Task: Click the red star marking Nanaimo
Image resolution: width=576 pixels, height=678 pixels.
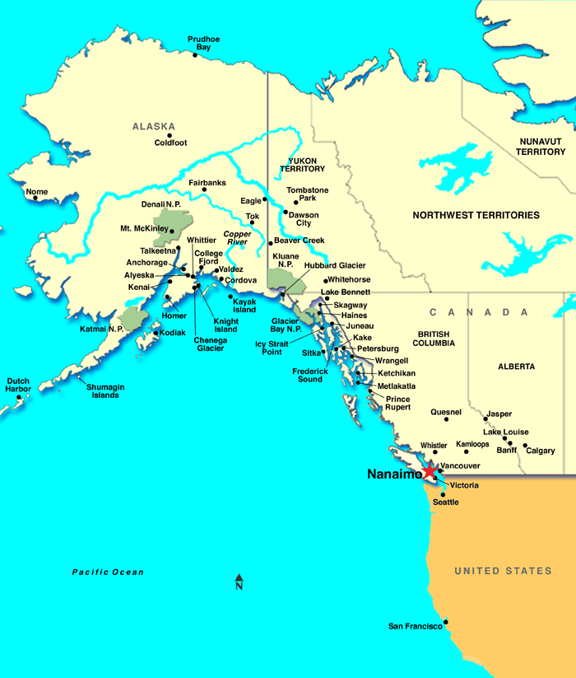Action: coord(430,470)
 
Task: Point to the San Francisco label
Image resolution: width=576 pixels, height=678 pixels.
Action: coord(416,627)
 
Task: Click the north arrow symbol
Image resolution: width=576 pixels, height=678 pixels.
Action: coord(239,578)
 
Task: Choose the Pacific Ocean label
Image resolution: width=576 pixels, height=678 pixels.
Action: coord(107,572)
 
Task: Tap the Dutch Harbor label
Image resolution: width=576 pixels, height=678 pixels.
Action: coord(18,385)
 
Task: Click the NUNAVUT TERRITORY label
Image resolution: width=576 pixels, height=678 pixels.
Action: coord(541,147)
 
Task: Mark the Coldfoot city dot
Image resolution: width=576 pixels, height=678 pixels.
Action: coord(170,135)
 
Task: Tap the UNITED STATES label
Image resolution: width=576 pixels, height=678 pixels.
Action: coord(504,571)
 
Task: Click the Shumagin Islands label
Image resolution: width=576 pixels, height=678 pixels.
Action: coord(105,390)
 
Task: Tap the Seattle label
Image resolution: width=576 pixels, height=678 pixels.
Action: coord(446,502)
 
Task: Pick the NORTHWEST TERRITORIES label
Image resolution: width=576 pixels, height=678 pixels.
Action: coord(476,215)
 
